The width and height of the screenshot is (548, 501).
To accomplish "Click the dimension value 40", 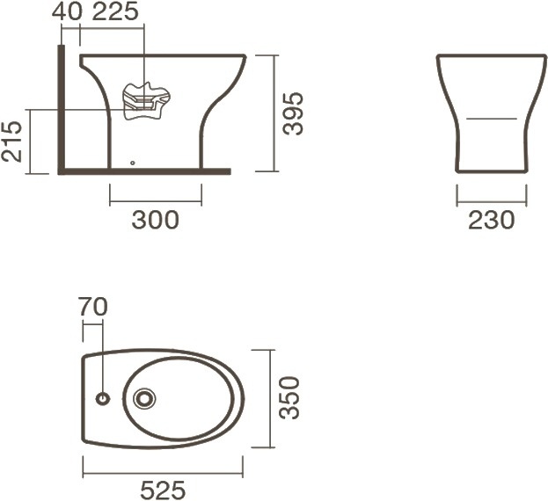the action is (x=67, y=11).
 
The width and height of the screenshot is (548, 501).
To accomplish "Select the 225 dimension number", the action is (x=115, y=11).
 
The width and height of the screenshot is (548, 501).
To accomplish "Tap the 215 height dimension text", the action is (x=11, y=141).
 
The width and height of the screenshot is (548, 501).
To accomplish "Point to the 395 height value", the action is (x=293, y=113).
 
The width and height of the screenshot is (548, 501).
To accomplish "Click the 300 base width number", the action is (x=155, y=220).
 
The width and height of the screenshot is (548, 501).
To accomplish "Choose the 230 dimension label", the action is (x=491, y=220).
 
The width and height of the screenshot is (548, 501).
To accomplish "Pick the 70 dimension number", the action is (x=92, y=307).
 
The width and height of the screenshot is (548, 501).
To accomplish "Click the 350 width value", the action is (x=289, y=397).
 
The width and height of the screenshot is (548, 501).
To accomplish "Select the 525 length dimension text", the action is (x=163, y=490).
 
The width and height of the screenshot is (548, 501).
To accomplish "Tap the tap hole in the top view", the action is (x=103, y=398).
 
